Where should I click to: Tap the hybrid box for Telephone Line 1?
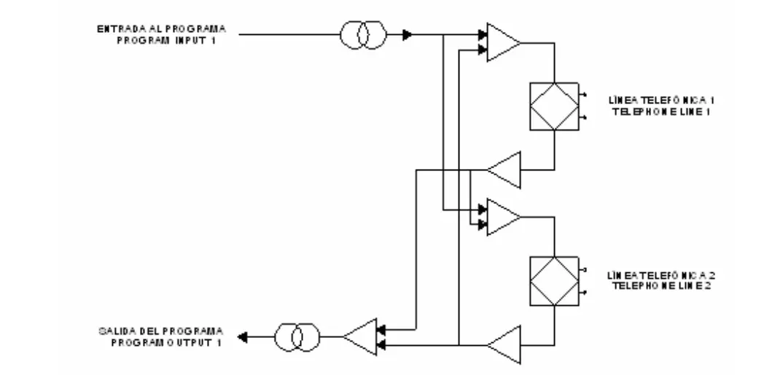(555, 106)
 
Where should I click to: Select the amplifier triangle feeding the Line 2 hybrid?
(502, 218)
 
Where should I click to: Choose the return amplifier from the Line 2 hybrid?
(504, 344)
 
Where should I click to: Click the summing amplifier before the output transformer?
(361, 337)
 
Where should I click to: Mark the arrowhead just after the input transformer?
(408, 34)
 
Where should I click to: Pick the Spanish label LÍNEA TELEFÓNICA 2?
(647, 276)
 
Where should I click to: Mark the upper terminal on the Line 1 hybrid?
(583, 95)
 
